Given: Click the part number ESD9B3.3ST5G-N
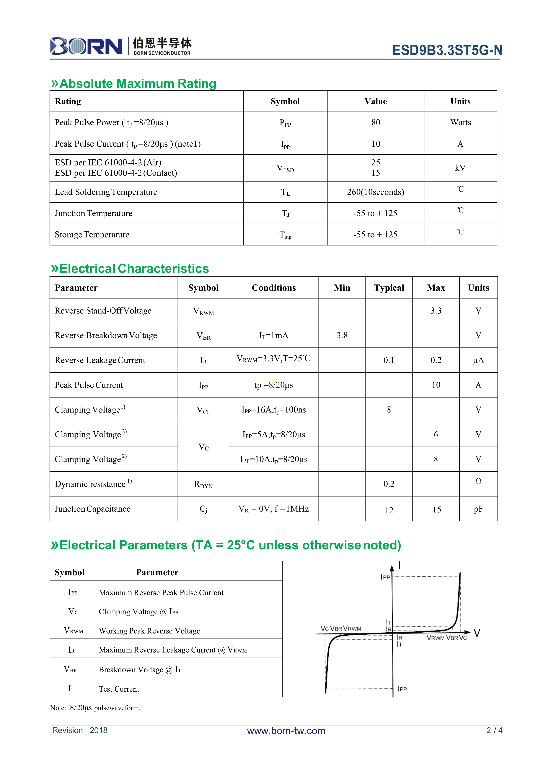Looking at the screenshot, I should coord(447,50).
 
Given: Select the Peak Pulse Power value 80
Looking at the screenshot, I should coord(375,123).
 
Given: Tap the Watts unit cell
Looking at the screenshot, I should coord(460,123).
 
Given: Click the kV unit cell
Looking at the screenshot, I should coord(460,168).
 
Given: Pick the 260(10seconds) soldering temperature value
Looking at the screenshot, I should coord(375,192).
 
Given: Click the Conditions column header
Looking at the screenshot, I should coord(274,288).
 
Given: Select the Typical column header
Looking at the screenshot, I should coord(389,288).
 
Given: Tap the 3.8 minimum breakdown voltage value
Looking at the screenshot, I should coord(342,335).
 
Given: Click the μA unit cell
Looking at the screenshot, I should coord(478,360).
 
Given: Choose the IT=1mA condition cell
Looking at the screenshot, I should coord(274,335).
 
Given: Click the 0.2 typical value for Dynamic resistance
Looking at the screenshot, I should coord(389,484).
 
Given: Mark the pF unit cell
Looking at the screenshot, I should coord(478,509).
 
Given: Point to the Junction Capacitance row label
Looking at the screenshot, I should coord(92,509).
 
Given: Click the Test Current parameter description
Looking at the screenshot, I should coord(119,689).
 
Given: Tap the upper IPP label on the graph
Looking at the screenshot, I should coord(385,577).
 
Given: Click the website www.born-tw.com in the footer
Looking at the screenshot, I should coord(286,731).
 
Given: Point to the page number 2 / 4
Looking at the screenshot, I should coord(494,730).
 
